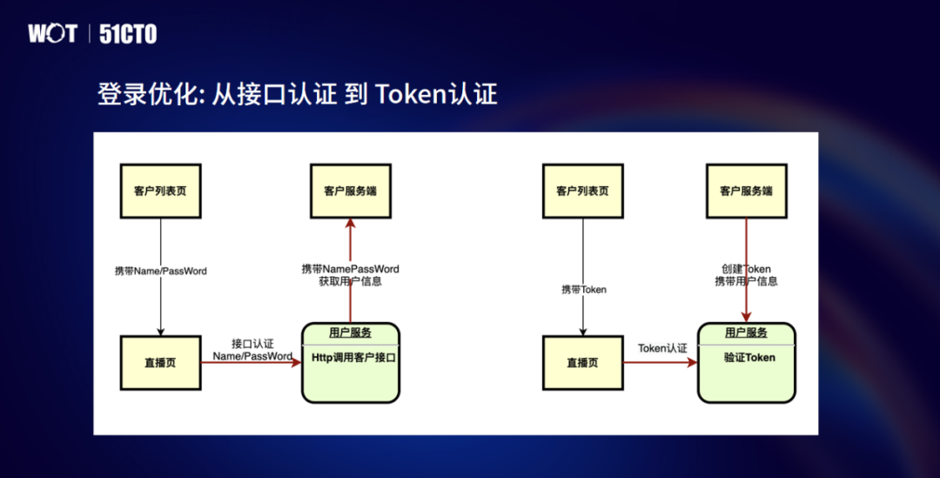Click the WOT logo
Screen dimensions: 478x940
[52, 34]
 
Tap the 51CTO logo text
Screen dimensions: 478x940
[128, 34]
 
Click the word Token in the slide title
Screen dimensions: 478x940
[411, 94]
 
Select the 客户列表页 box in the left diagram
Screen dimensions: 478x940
[160, 191]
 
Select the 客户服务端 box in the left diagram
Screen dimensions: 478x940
[350, 191]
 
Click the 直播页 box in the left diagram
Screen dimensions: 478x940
[160, 362]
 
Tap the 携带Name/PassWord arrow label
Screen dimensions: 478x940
[161, 271]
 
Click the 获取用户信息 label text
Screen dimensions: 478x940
[350, 281]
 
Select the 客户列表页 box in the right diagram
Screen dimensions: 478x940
[582, 191]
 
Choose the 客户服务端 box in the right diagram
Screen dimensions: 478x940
[746, 191]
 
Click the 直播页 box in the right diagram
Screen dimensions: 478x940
[582, 362]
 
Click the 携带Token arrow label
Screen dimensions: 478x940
[583, 289]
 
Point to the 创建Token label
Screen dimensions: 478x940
[746, 269]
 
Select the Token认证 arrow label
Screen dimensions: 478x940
[662, 348]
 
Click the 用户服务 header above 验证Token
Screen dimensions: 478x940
[746, 333]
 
